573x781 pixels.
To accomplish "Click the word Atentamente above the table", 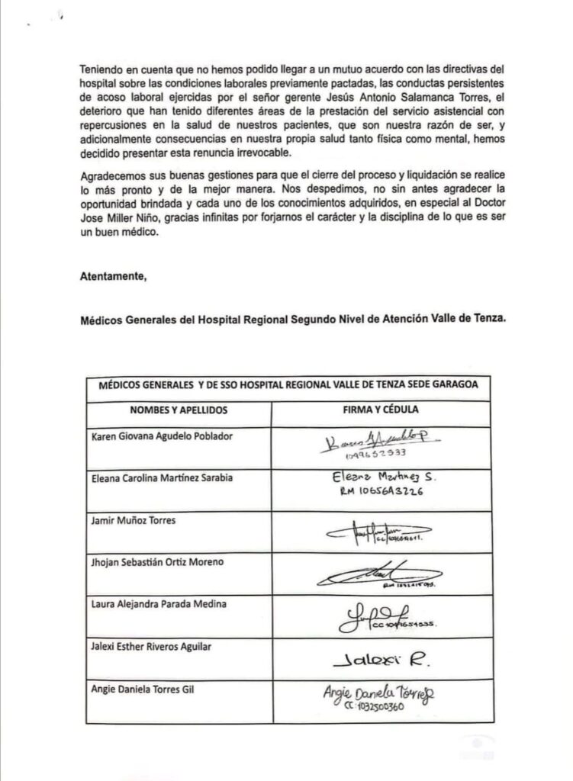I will (112, 278).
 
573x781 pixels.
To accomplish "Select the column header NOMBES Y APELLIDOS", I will (179, 410).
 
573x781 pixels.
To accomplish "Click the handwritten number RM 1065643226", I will (384, 493).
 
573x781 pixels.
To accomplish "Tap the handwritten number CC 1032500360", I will (373, 706).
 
